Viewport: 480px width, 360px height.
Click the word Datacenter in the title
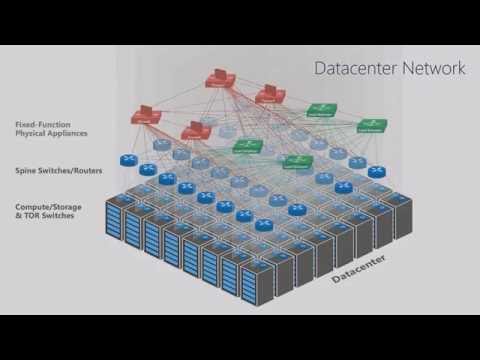(353, 69)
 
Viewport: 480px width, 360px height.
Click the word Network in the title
(433, 69)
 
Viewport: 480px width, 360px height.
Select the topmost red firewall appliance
(220, 80)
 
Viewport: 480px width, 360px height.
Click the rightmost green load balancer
(372, 126)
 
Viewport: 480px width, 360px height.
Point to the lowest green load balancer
(297, 160)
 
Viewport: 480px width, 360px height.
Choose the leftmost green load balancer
(246, 146)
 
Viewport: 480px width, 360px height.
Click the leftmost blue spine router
(128, 159)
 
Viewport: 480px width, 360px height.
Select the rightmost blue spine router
(376, 172)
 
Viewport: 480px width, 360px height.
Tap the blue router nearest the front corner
(263, 226)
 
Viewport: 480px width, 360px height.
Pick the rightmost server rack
(403, 213)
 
